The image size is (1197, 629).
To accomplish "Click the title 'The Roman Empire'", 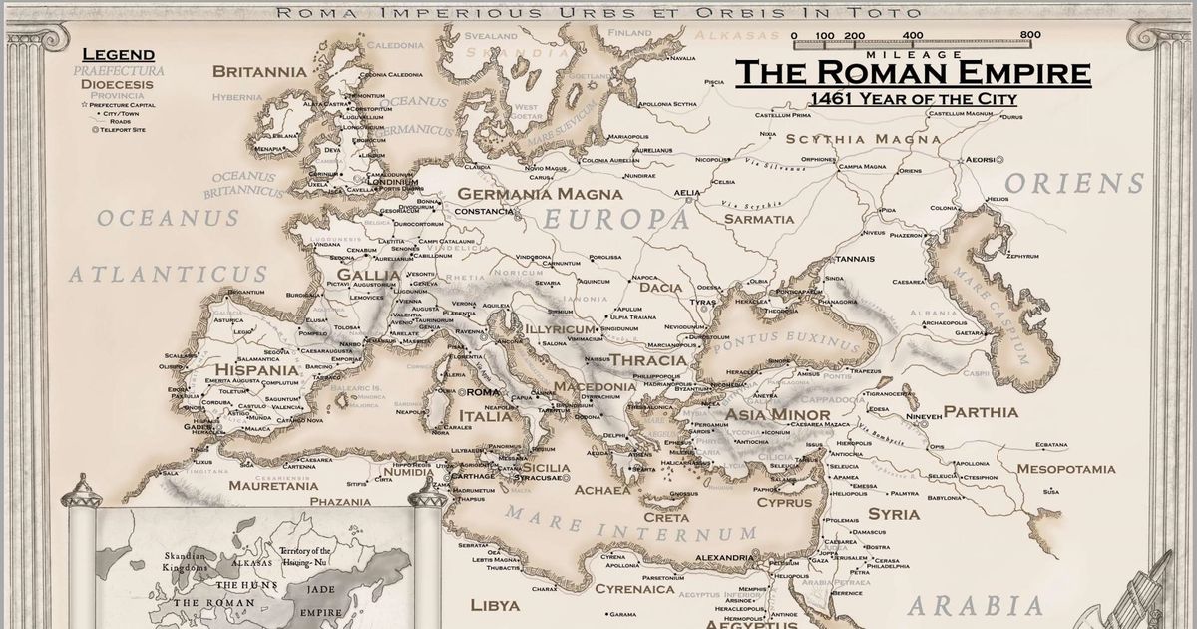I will [913, 73].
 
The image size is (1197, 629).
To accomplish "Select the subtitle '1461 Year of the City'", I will [913, 99].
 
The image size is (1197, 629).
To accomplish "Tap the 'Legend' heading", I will [118, 54].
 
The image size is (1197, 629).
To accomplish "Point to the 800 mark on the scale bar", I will [1029, 35].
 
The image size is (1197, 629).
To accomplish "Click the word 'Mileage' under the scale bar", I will [914, 53].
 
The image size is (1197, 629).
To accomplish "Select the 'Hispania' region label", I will [257, 370].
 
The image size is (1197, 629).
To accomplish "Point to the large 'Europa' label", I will [615, 220].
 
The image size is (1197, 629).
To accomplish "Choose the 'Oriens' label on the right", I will [1074, 184].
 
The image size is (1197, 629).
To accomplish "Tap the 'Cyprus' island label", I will [784, 503].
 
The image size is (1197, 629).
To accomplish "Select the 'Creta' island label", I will [665, 518].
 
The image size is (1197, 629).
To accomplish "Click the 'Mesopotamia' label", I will [1066, 469].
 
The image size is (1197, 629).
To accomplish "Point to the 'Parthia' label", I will [981, 412].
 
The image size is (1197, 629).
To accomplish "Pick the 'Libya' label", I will [495, 606].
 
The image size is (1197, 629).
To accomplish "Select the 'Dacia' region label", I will [661, 288].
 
